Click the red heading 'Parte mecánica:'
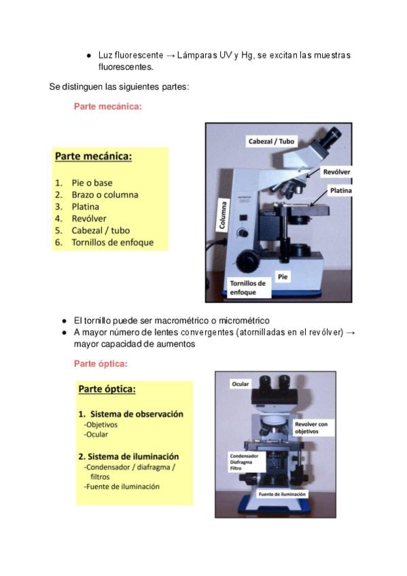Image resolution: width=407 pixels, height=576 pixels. (x=107, y=107)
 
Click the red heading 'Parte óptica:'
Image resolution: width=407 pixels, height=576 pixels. (x=101, y=363)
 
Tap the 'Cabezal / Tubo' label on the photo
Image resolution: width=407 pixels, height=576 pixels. (x=272, y=141)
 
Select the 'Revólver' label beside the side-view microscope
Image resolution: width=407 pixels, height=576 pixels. (x=336, y=172)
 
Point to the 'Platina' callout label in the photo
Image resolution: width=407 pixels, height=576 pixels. (x=340, y=190)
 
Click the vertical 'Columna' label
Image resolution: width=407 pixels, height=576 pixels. (x=222, y=215)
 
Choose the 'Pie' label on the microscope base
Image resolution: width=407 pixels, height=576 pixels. (x=283, y=276)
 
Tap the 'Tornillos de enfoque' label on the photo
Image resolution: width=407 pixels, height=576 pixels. (x=247, y=287)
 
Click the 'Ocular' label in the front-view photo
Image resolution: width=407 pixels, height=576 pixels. (x=241, y=384)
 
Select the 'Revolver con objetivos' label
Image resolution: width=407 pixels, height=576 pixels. (x=312, y=428)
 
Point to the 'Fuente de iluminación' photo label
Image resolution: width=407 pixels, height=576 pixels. (x=282, y=494)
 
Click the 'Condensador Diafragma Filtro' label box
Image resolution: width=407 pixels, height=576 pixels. (x=247, y=462)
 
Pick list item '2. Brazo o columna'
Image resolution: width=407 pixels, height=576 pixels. (x=96, y=195)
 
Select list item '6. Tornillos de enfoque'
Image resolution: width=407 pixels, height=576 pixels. (x=105, y=242)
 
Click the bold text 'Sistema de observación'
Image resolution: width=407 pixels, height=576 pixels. (x=137, y=414)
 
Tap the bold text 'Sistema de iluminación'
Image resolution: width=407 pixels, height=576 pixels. (x=133, y=456)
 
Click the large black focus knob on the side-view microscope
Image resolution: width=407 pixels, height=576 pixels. (x=247, y=261)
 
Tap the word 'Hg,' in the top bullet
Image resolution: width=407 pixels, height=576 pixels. (x=247, y=56)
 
